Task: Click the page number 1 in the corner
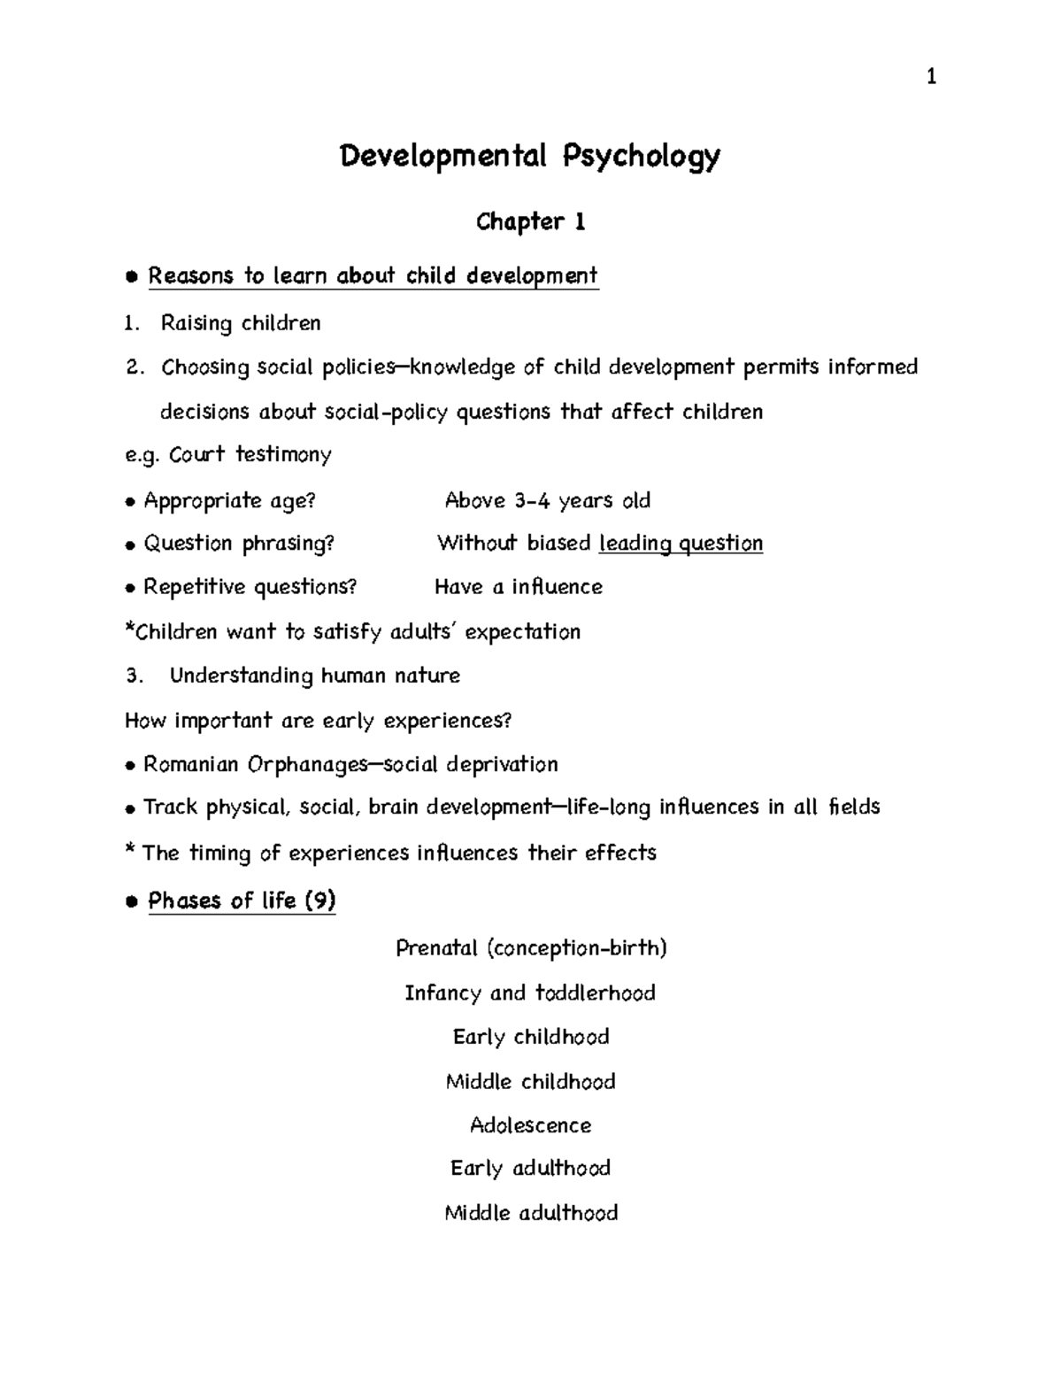930,78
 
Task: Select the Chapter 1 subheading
530,221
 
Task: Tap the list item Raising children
241,323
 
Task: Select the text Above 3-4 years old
547,501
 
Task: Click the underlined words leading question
681,544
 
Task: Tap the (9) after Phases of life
319,901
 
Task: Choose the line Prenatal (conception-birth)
531,949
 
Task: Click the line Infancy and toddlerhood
530,993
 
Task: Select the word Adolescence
530,1126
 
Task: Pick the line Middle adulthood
531,1213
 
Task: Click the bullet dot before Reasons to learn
131,277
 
